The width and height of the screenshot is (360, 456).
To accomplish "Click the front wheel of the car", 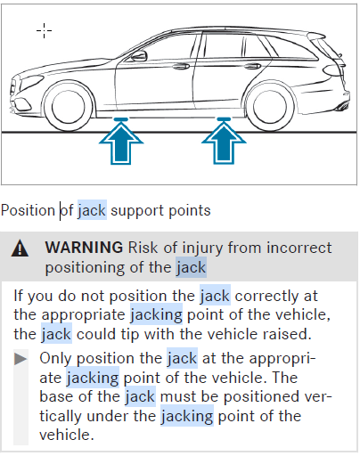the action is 68,106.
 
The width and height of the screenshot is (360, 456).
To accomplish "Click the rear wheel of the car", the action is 270,106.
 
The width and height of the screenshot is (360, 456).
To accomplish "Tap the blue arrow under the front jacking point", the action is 121,141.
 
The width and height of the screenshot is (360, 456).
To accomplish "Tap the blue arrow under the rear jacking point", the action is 224,141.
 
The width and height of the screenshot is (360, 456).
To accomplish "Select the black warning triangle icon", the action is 20,248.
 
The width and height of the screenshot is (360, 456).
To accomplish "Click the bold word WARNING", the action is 84,248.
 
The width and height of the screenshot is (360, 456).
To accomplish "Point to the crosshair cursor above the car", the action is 44,30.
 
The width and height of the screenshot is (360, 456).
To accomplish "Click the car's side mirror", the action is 139,56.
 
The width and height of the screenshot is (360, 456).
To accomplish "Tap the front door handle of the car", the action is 181,67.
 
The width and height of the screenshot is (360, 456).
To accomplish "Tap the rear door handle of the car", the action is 252,66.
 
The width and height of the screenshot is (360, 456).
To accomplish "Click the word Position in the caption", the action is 28,211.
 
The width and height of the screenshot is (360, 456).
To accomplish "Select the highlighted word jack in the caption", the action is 92,211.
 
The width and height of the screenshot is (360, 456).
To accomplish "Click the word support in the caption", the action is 137,211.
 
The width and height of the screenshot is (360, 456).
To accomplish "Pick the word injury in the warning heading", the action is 202,248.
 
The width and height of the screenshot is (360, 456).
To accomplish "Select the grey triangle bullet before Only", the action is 20,359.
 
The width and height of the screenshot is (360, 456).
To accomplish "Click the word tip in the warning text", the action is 130,335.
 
